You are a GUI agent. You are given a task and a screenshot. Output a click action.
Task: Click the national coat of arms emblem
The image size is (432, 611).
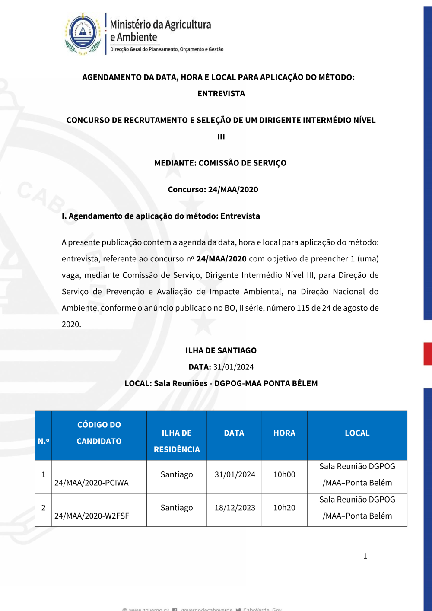tap(83, 34)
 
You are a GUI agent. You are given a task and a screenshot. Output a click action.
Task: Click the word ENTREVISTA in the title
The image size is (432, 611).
tap(221, 94)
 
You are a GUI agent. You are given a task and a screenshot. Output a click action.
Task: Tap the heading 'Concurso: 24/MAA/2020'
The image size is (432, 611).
tap(213, 189)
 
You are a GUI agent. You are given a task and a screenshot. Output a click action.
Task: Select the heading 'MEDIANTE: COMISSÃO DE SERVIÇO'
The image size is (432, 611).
tap(220, 163)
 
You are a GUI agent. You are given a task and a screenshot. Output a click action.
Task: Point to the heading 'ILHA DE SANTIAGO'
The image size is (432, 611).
tap(221, 350)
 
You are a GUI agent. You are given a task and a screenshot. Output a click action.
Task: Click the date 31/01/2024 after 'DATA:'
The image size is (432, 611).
tap(233, 367)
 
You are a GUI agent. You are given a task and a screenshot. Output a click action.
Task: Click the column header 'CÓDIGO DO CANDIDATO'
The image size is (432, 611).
tap(99, 433)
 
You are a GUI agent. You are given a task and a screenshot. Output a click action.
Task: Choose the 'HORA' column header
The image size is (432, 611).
tap(284, 433)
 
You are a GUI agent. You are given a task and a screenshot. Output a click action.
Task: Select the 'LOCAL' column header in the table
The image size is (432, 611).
tap(357, 433)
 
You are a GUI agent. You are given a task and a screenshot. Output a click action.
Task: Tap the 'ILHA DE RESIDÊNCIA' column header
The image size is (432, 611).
tap(177, 441)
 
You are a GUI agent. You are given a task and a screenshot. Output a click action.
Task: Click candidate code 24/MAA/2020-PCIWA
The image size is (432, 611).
tap(92, 483)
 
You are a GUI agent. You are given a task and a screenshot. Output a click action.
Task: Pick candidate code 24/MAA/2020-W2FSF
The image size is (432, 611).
tap(92, 516)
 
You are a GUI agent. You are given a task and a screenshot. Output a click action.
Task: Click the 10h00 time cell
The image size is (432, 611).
tap(284, 474)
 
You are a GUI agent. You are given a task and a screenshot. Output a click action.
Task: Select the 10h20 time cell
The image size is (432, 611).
tap(284, 508)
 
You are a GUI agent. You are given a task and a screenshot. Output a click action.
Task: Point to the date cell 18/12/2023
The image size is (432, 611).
tap(235, 508)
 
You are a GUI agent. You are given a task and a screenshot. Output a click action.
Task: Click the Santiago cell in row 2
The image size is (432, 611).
tap(177, 508)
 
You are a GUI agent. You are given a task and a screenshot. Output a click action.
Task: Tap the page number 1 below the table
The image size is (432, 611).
tap(365, 556)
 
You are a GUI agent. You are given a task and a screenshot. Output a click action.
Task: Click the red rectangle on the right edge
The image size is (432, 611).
tap(427, 354)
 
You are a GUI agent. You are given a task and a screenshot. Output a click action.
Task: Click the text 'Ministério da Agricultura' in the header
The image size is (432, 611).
tap(160, 25)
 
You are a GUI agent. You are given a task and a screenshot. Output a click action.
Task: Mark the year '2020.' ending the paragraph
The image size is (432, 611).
tap(71, 325)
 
